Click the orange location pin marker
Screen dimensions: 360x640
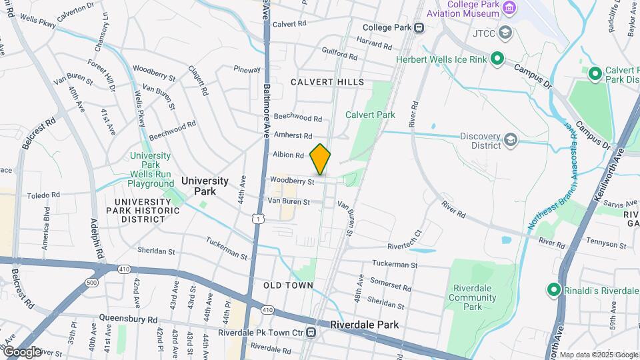(x=321, y=159)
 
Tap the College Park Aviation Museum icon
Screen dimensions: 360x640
(x=510, y=9)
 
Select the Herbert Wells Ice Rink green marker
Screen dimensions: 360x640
(x=497, y=59)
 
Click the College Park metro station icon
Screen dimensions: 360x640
(x=419, y=27)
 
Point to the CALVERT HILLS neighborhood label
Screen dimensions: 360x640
(x=327, y=82)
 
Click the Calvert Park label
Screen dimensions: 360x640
(x=370, y=115)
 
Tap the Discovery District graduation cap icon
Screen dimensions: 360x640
(x=511, y=139)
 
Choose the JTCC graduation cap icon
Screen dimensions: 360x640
(x=505, y=32)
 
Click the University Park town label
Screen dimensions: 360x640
(x=205, y=185)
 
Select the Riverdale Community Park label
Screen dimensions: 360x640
(x=472, y=297)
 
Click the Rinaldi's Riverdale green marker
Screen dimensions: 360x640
(x=553, y=289)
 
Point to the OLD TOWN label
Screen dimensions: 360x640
(x=288, y=285)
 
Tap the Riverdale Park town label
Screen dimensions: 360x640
(x=364, y=325)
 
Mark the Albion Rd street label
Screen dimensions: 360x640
(x=288, y=155)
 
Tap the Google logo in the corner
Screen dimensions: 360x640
(x=21, y=352)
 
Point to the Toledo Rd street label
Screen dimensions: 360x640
(x=43, y=195)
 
